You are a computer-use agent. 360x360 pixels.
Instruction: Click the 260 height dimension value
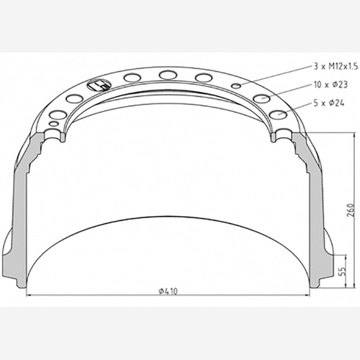point(350,210)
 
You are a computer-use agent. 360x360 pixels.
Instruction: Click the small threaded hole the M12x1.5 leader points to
point(236,86)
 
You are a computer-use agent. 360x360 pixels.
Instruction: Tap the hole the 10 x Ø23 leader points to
point(261,98)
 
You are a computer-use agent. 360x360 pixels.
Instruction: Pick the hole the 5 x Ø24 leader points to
point(279,114)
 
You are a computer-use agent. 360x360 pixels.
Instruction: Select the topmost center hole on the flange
point(168,75)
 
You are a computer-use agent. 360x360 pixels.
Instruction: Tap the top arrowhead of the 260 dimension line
point(345,136)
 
